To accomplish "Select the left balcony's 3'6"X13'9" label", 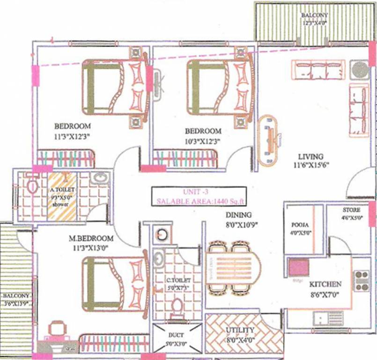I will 16,304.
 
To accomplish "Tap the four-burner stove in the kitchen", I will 362,280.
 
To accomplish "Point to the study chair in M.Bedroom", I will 57,329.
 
